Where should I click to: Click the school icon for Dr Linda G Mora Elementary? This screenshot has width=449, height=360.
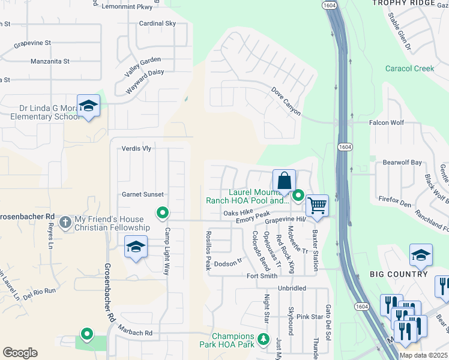click(x=89, y=106)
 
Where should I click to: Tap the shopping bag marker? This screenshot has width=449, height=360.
click(x=284, y=180)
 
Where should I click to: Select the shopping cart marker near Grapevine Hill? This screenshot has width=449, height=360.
click(x=316, y=205)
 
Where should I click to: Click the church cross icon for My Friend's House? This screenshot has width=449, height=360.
click(x=65, y=223)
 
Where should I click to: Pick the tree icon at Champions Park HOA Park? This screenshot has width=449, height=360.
click(x=263, y=340)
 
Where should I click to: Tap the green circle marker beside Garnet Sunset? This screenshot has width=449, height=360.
click(x=162, y=212)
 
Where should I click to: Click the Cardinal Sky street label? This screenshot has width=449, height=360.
click(x=157, y=23)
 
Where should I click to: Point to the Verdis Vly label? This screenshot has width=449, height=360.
click(x=136, y=149)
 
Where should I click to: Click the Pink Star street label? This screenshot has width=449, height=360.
click(x=310, y=316)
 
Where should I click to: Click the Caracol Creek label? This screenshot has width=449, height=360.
click(x=409, y=68)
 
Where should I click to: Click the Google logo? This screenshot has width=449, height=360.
click(x=19, y=352)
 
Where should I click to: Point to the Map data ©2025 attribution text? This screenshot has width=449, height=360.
click(x=423, y=355)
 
